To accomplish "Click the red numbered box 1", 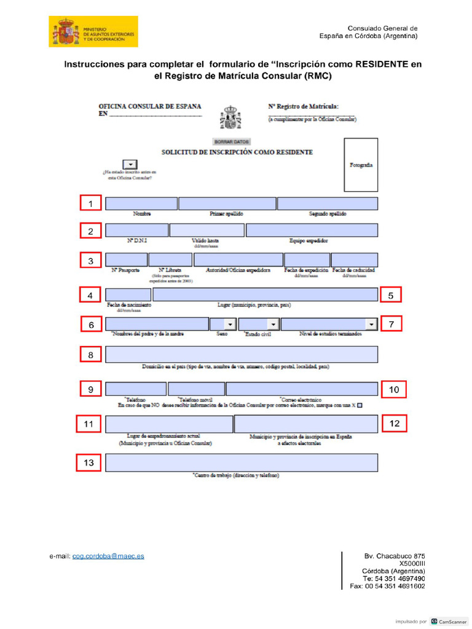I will (x=91, y=204).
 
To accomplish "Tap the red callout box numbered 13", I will (x=89, y=463).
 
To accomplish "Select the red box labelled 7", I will (x=391, y=324).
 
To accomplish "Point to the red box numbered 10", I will (x=394, y=389).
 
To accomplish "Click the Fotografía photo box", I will (x=361, y=165).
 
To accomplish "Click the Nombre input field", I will (x=141, y=204).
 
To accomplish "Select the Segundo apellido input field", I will (x=328, y=204).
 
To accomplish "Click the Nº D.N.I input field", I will (x=136, y=230).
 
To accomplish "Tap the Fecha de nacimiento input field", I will (x=128, y=295).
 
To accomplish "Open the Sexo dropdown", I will (x=223, y=324).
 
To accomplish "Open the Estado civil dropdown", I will (x=259, y=324).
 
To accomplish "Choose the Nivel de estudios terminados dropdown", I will (x=329, y=324).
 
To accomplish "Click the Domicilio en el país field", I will (x=242, y=354).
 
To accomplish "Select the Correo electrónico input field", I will (x=302, y=389).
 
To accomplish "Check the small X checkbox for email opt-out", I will (x=360, y=405).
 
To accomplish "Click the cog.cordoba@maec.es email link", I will (x=108, y=556).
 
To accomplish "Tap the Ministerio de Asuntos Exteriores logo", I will (x=93, y=32).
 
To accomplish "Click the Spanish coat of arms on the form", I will (x=230, y=117).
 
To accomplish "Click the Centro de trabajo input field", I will (x=242, y=463).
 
